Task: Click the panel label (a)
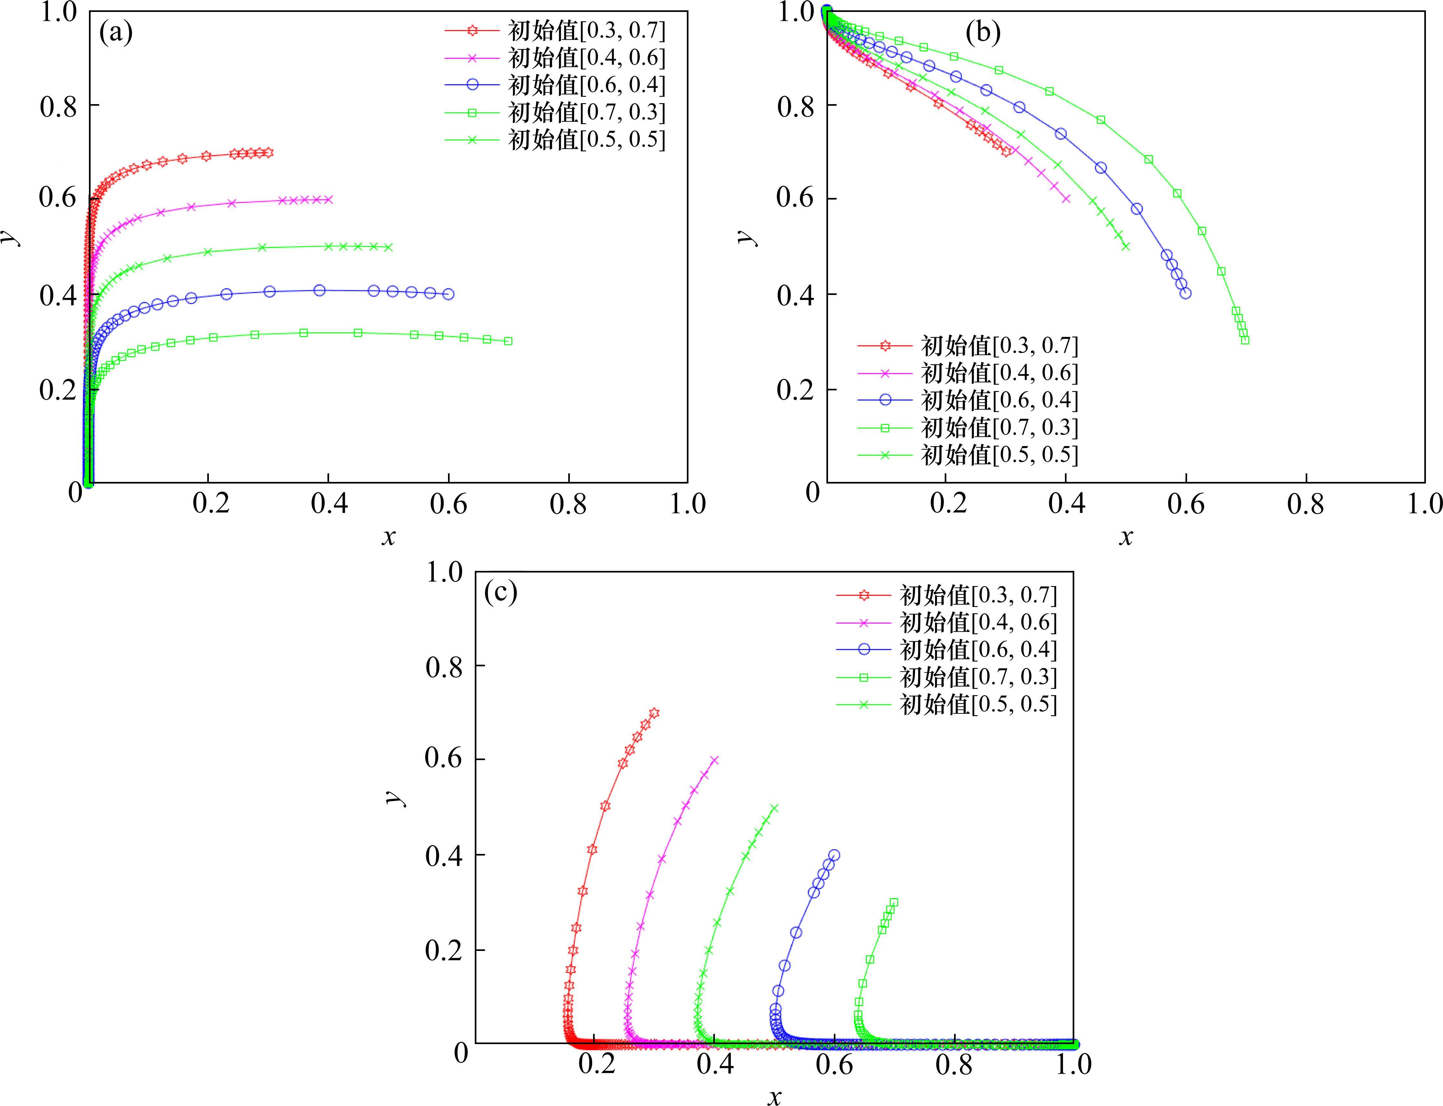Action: coord(116,32)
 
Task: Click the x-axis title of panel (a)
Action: coord(388,537)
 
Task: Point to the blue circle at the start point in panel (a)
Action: coord(448,294)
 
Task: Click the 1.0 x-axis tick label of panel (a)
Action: coord(687,504)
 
